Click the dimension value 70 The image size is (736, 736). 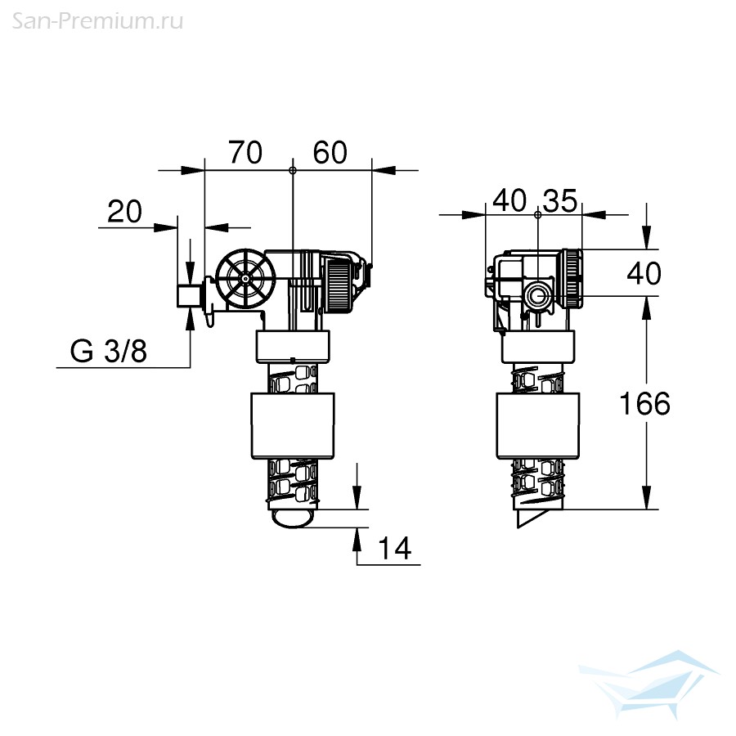tap(245, 153)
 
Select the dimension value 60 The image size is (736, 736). tap(330, 153)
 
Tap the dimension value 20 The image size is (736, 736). tap(124, 211)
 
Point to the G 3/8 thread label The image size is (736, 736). tap(109, 351)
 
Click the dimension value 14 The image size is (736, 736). tap(394, 548)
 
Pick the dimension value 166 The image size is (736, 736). tap(645, 404)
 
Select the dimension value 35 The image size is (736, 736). tap(560, 201)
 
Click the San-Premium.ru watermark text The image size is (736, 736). tap(97, 21)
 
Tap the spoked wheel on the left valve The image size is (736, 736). tap(245, 278)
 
